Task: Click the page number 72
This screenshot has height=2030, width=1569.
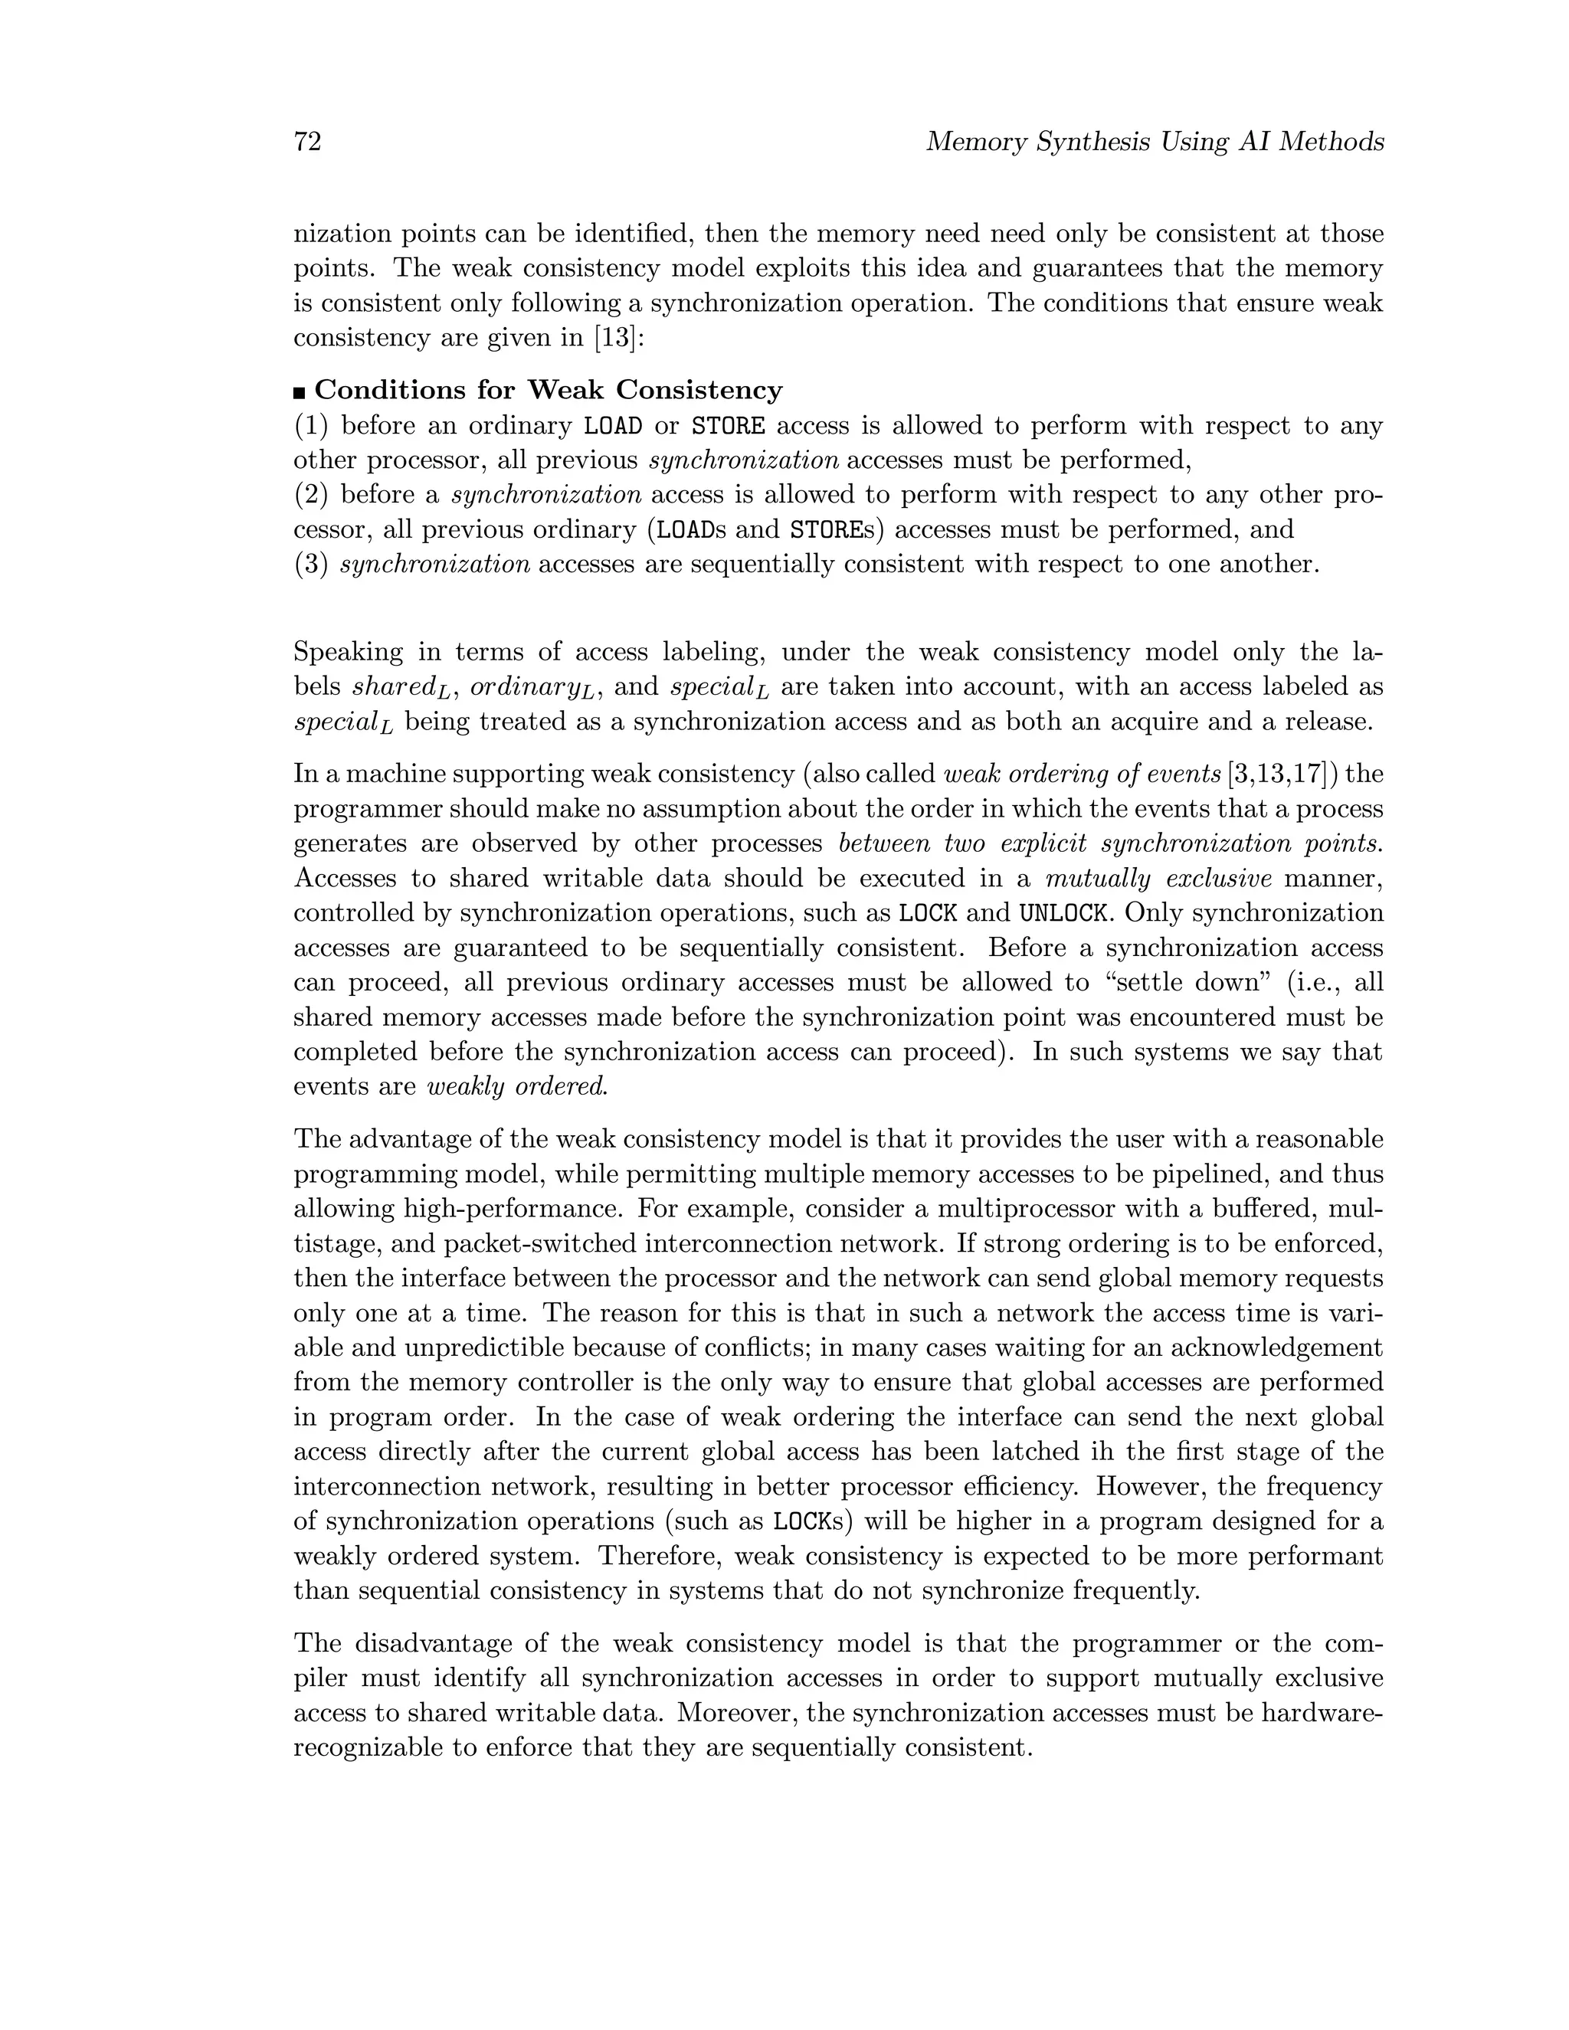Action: (x=308, y=142)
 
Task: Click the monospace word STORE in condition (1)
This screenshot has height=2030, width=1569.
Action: (x=729, y=427)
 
